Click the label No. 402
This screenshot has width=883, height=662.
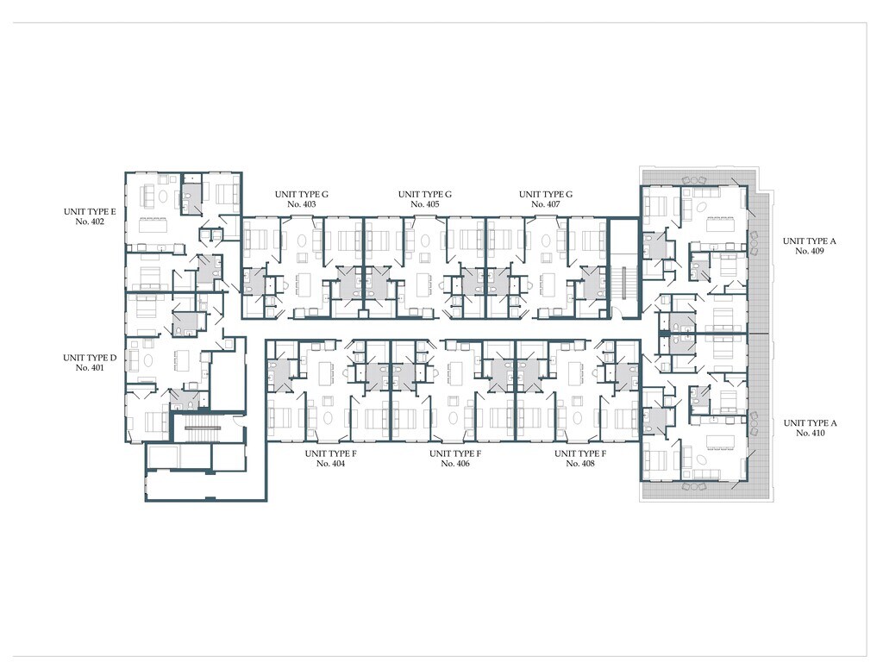click(x=90, y=222)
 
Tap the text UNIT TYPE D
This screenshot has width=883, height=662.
click(x=90, y=358)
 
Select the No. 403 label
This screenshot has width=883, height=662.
click(x=301, y=204)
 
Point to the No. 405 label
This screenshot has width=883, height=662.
click(x=424, y=204)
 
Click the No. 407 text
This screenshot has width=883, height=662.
click(x=546, y=204)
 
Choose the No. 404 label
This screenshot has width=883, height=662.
click(x=330, y=463)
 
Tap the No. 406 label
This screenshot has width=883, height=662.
click(x=455, y=463)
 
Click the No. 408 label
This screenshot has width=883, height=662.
click(x=580, y=463)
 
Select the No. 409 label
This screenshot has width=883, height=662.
click(x=810, y=251)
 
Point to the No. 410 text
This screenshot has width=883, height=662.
click(x=811, y=433)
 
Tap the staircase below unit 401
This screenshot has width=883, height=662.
click(x=202, y=428)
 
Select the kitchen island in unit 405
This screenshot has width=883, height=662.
click(x=424, y=284)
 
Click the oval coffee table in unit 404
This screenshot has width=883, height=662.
click(x=329, y=418)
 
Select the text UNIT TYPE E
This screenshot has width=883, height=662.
click(x=90, y=212)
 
